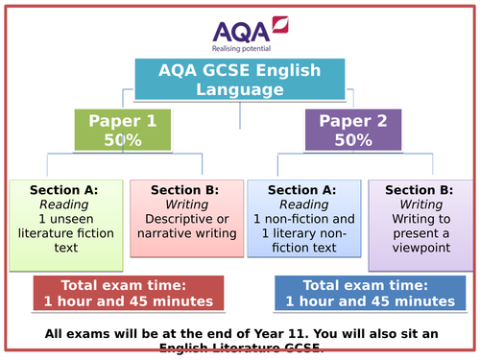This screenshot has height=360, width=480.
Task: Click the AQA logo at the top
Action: [239, 27]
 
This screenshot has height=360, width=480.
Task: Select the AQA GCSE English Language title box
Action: [240, 80]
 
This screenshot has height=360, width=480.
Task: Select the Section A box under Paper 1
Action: [64, 219]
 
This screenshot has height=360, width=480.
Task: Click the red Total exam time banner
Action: [129, 294]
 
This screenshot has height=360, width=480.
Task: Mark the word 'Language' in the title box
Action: [240, 89]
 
